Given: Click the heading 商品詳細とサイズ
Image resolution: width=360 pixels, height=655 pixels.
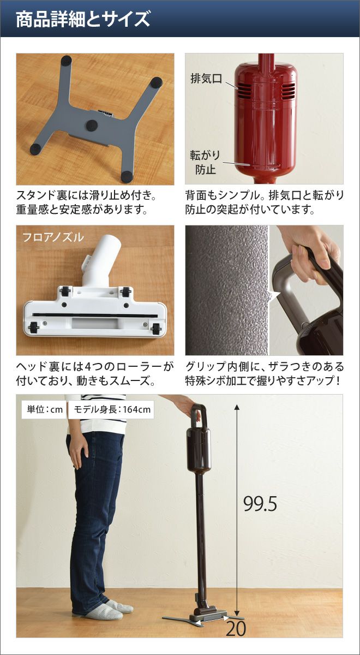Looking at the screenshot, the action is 83,19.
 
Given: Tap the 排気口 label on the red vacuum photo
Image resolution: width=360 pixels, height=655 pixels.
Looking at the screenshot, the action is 206,79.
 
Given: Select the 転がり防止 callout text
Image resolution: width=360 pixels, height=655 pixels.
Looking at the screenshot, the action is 205,162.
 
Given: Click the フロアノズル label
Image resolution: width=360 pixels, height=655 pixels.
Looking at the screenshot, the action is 53,237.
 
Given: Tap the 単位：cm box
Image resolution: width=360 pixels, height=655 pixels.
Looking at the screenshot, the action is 44,409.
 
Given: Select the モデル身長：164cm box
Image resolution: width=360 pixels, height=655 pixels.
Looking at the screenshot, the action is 112,409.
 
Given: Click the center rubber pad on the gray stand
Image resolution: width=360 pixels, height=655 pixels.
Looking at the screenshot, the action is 92,125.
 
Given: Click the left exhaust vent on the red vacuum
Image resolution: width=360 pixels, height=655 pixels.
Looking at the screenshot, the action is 244,90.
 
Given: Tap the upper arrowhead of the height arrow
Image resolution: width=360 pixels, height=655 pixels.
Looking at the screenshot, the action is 237,407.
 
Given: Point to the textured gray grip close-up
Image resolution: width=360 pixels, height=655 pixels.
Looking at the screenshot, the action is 227,290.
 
